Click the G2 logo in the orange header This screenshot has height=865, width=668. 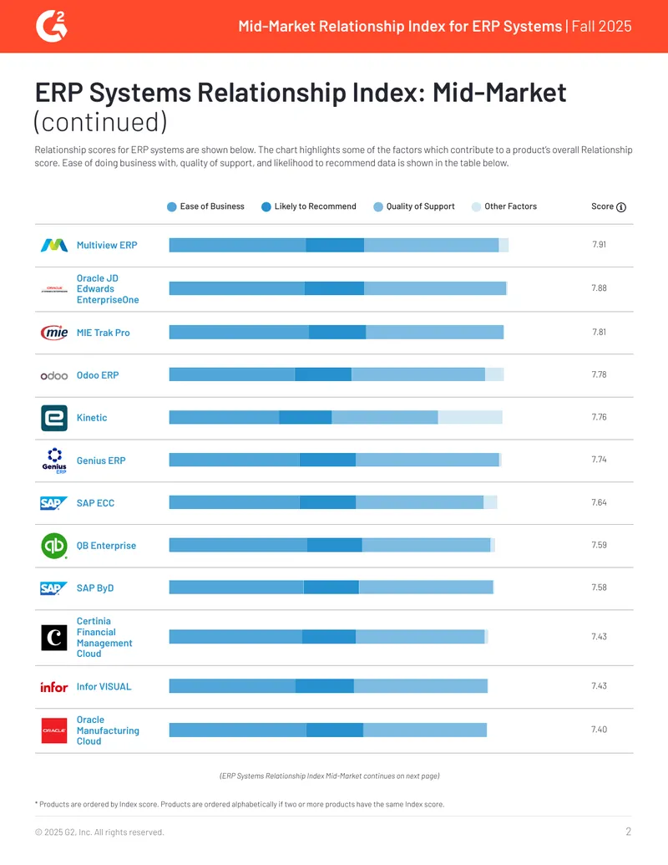tap(51, 27)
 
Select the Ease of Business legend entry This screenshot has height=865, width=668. tap(205, 206)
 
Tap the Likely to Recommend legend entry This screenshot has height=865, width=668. tap(309, 206)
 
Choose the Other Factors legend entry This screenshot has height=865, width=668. tap(504, 206)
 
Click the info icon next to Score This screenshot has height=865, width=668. tap(621, 207)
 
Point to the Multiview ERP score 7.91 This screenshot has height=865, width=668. tap(599, 244)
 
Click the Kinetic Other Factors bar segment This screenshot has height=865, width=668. tap(470, 417)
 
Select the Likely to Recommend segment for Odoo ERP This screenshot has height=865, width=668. tap(323, 374)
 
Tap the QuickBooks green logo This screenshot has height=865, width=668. tap(54, 546)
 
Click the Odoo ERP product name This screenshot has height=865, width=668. tap(98, 375)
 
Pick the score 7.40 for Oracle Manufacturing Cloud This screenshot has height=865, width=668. tap(599, 730)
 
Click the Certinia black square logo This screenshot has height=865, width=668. tap(54, 637)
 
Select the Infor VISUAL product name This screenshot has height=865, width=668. tap(104, 687)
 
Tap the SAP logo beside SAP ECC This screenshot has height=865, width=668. tap(54, 503)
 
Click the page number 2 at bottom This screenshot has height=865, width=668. tap(628, 832)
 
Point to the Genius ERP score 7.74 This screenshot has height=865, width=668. tap(599, 460)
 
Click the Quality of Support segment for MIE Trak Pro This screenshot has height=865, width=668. tap(435, 332)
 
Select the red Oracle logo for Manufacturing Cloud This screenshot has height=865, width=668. tap(54, 730)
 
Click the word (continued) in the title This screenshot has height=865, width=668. tap(100, 123)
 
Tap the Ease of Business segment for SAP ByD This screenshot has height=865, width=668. tap(236, 588)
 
